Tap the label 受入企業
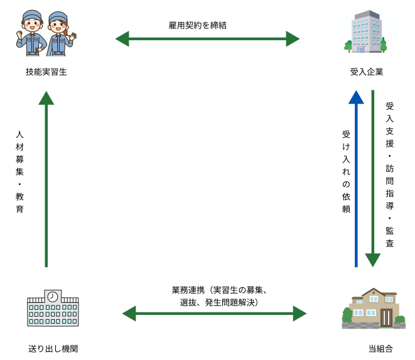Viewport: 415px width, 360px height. click(x=367, y=72)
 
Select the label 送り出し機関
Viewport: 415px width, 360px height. click(x=53, y=347)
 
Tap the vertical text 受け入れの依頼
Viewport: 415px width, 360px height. click(x=345, y=172)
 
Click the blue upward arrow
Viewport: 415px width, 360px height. click(x=356, y=179)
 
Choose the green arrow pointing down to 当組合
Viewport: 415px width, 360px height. click(x=373, y=179)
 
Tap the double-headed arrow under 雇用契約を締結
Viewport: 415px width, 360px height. click(x=208, y=39)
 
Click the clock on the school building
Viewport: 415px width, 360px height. click(x=53, y=295)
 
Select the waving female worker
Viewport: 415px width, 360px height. click(x=58, y=34)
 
